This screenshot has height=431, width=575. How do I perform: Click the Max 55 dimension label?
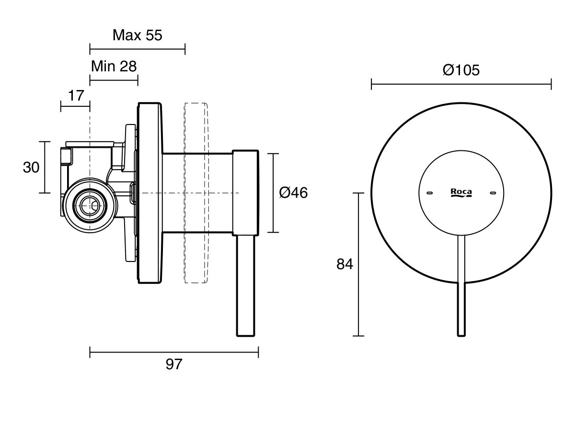(138, 35)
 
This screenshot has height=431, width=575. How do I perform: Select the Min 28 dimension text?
(114, 66)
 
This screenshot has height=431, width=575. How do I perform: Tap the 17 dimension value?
(76, 95)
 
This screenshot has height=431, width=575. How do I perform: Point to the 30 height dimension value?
(31, 167)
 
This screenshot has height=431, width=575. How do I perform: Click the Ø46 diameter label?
(293, 193)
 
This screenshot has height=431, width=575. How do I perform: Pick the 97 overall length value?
(174, 364)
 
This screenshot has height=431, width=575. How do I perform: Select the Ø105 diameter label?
(461, 70)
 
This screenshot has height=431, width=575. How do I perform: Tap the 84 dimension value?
(345, 264)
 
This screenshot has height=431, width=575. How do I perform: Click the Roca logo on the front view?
(461, 193)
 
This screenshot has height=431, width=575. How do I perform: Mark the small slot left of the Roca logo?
(429, 193)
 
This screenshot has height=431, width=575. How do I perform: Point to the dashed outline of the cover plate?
(196, 193)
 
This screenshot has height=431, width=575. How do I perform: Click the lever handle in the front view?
(461, 287)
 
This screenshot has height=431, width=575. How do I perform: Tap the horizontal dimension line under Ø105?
(461, 85)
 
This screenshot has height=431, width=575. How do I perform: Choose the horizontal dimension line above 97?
(174, 353)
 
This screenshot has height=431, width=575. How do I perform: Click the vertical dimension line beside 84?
(359, 264)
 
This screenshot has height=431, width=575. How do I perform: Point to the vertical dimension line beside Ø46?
(273, 193)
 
